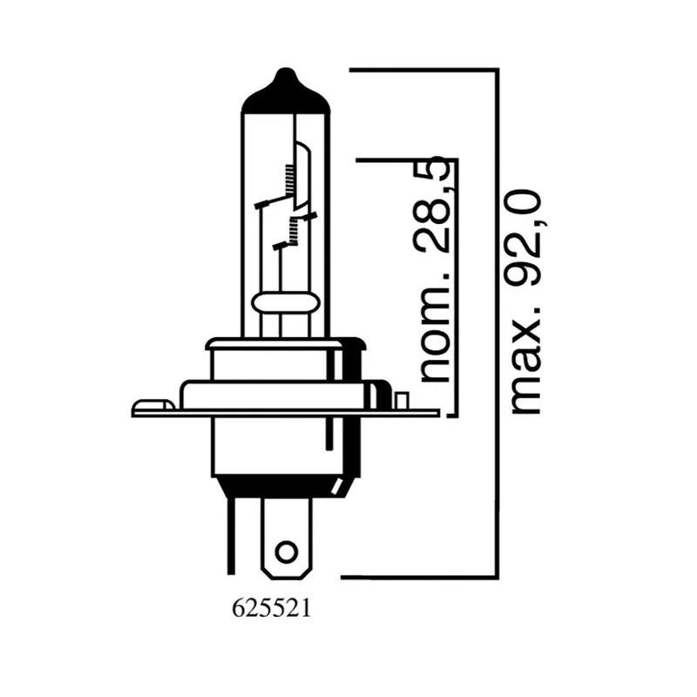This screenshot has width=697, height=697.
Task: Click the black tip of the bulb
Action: [285, 92]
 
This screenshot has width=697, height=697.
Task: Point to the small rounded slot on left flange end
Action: [152, 405]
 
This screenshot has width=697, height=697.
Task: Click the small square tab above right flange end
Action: [401, 400]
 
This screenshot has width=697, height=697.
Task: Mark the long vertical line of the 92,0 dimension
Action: [497, 322]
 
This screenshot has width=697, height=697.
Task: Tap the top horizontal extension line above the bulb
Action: [423, 69]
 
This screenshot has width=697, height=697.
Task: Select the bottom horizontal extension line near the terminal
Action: [418, 576]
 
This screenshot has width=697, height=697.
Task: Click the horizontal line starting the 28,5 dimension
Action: [405, 160]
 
